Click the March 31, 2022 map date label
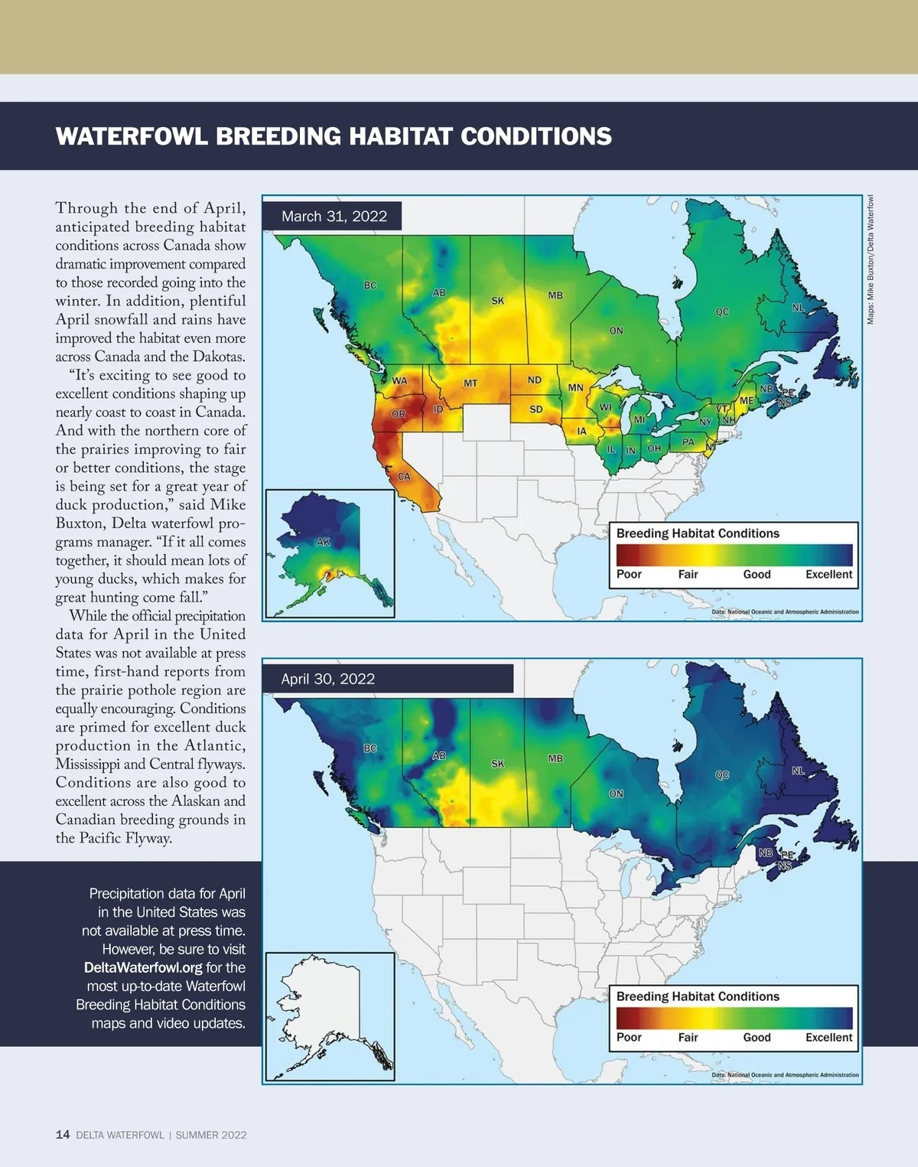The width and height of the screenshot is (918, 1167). tap(334, 217)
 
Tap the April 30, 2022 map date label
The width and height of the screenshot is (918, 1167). tap(328, 679)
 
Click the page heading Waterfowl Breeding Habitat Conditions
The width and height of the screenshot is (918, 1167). tap(334, 136)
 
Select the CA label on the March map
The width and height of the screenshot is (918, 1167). tap(404, 477)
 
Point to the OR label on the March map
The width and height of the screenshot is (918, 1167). tap(399, 414)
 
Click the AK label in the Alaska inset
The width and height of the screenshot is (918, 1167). tap(324, 542)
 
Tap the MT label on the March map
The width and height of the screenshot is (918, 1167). tap(470, 383)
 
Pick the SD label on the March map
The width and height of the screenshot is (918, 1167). tap(536, 409)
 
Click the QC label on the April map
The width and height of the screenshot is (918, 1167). tap(722, 775)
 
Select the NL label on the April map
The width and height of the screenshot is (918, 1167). tap(798, 771)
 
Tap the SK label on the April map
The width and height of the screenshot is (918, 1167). tap(498, 764)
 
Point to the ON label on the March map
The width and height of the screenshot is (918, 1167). tap(616, 331)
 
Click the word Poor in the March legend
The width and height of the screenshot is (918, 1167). tap(629, 575)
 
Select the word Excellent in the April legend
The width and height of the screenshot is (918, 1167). tap(828, 1038)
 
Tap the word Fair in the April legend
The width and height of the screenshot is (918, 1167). tap(688, 1038)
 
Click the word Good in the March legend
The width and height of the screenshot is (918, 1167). tap(757, 575)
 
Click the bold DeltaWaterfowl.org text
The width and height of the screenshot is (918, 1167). tap(143, 968)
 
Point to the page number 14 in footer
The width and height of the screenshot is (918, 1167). tap(63, 1135)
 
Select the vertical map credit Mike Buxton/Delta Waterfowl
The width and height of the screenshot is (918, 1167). tap(871, 260)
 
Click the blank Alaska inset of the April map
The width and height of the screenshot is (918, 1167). tap(330, 1016)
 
